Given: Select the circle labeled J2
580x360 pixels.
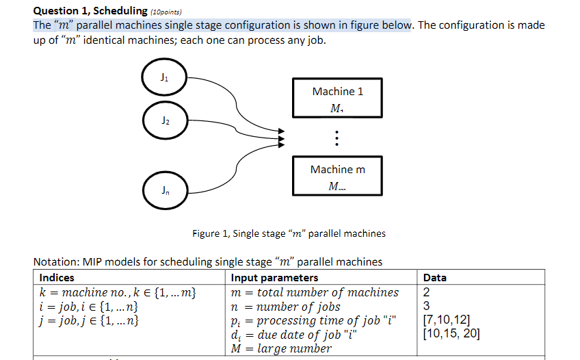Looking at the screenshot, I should click(163, 120).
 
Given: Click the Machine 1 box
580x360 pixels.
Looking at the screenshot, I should click(338, 99).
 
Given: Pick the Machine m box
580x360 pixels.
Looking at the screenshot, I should click(338, 177).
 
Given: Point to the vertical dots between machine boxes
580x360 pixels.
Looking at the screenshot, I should click(336, 139).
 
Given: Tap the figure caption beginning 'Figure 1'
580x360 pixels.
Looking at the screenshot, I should click(289, 233).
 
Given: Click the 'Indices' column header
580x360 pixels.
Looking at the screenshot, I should click(57, 278).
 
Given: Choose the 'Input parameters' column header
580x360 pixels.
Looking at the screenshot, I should click(274, 278).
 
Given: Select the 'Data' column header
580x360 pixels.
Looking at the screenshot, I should click(435, 278).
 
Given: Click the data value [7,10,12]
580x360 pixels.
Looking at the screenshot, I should click(447, 320).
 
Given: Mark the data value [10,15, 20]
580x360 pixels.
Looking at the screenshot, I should click(451, 334).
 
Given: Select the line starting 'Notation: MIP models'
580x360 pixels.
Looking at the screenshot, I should click(207, 261).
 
